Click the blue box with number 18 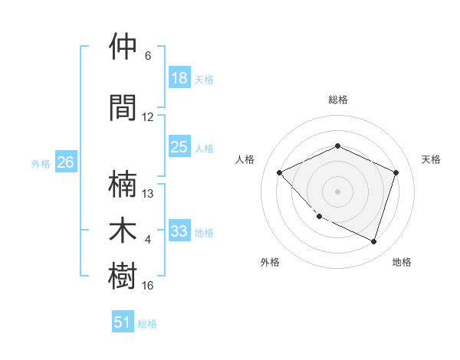[179, 78]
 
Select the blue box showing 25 [179, 147]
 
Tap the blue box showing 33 [179, 231]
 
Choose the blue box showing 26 [66, 162]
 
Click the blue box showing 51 [123, 322]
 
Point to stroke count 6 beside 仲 [148, 56]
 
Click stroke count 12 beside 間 [148, 117]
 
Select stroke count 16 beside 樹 [148, 285]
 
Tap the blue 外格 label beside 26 [41, 163]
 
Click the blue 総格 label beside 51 [147, 324]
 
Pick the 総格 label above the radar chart [338, 100]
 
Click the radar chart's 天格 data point [396, 172]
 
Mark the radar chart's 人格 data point [280, 172]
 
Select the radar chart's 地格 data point [374, 241]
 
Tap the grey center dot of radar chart [338, 191]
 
